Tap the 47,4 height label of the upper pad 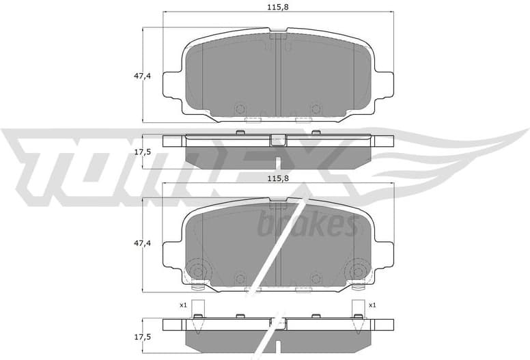click(124, 76)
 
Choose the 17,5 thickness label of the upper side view click(124, 152)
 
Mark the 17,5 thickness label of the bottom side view click(124, 337)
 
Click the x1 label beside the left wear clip click(183, 305)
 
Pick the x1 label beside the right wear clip click(372, 305)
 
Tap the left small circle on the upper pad click(239, 109)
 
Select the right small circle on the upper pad click(315, 109)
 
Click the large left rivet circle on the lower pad click(197, 270)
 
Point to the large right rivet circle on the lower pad click(357, 270)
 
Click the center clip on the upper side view click(277, 140)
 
